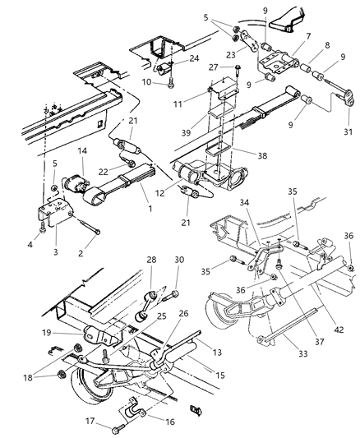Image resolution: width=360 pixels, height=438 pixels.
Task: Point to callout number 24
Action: point(194,59)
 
